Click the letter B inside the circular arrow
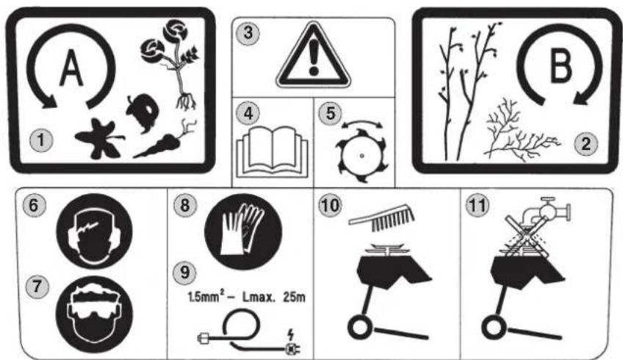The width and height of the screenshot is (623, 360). pyautogui.click(x=561, y=65)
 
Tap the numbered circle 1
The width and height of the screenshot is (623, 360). pyautogui.click(x=41, y=140)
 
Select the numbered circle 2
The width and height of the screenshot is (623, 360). pyautogui.click(x=586, y=143)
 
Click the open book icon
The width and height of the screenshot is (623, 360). pyautogui.click(x=272, y=152)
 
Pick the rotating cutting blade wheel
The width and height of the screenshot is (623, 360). pyautogui.click(x=361, y=156)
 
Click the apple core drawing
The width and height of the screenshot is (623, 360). pyautogui.click(x=143, y=112)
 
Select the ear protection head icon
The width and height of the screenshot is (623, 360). pyautogui.click(x=94, y=231)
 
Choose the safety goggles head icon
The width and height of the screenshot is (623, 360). pyautogui.click(x=94, y=314)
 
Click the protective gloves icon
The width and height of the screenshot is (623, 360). pyautogui.click(x=243, y=231)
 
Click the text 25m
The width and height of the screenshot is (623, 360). pyautogui.click(x=295, y=297)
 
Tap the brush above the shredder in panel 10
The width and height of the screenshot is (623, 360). pyautogui.click(x=381, y=220)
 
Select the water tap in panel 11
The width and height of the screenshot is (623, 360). pyautogui.click(x=547, y=211)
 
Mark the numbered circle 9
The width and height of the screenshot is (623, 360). pyautogui.click(x=184, y=273)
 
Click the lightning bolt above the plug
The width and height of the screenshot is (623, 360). pyautogui.click(x=292, y=334)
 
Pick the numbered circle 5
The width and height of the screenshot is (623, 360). pyautogui.click(x=330, y=113)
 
